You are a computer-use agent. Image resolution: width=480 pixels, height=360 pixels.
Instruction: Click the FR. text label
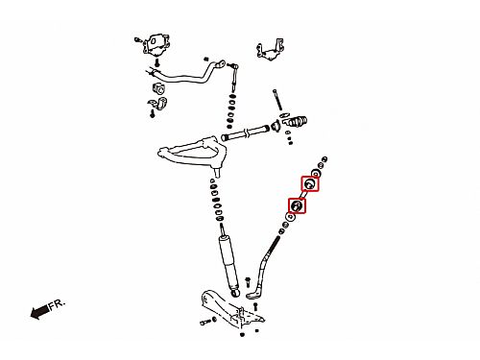57,304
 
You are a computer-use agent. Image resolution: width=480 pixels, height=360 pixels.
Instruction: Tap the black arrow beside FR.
39,312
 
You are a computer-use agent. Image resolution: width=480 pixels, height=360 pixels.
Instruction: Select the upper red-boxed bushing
310,183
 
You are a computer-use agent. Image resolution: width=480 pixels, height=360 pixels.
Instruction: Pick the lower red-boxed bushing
297,205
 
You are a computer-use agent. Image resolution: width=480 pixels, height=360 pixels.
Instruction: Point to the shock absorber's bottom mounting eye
236,292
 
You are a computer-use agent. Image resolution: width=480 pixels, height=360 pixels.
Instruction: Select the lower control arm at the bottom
232,310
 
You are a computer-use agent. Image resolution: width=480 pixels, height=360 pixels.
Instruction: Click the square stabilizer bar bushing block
158,88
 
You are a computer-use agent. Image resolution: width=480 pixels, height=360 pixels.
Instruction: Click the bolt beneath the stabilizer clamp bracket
153,113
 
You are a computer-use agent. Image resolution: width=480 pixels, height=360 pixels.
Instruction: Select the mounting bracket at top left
156,45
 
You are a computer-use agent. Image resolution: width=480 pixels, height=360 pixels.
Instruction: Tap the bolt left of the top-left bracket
138,40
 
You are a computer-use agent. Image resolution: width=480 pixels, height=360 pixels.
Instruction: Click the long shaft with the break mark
245,132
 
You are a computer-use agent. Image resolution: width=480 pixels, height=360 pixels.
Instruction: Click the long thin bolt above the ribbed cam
277,100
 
